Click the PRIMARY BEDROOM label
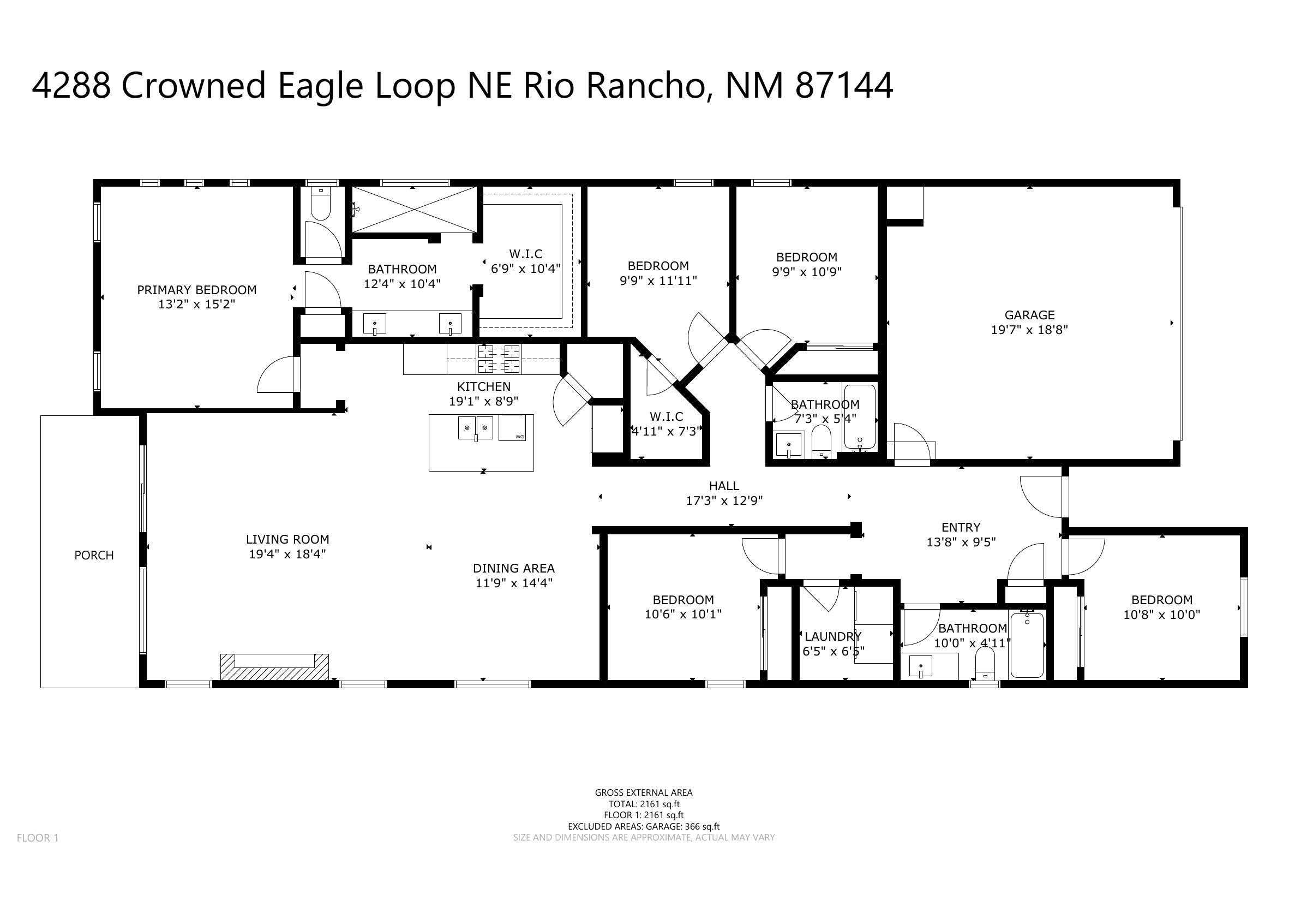[x=196, y=290]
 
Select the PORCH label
[x=94, y=555]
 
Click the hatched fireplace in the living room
[x=274, y=667]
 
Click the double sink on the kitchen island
[x=476, y=428]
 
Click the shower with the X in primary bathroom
[x=413, y=208]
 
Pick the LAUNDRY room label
[x=832, y=636]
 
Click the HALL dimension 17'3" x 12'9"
[x=724, y=500]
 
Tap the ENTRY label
[x=961, y=527]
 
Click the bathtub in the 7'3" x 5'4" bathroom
[x=860, y=416]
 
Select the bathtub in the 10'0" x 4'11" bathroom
[x=1027, y=645]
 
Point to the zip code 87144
[x=844, y=86]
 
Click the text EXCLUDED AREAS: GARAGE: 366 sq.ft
[x=643, y=826]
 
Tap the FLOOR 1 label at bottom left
[x=38, y=838]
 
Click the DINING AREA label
[x=514, y=568]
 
